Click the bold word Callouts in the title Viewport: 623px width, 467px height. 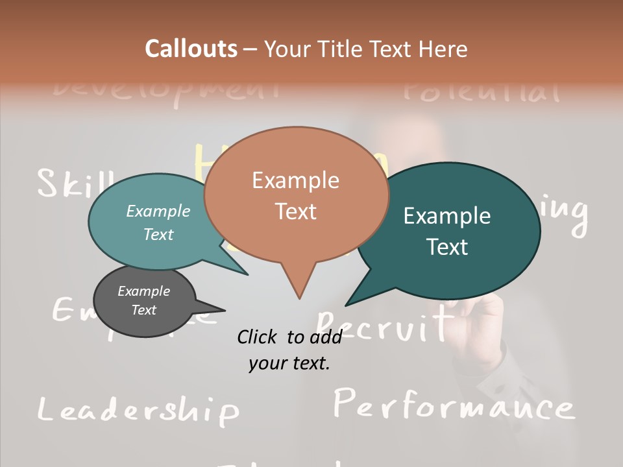pos(191,49)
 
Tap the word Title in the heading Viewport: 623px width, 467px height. pos(340,49)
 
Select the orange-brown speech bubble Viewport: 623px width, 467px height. pos(296,195)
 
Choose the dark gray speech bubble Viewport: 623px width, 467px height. pos(144,300)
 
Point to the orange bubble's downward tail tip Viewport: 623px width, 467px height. pos(299,298)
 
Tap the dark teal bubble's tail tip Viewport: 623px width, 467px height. pos(347,304)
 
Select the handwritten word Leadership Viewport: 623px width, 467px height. pos(138,410)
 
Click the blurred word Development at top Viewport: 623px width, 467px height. pos(165,90)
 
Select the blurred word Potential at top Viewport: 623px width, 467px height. pos(481,91)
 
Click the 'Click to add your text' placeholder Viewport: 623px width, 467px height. pos(289,350)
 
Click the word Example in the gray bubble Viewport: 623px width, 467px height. pos(144,291)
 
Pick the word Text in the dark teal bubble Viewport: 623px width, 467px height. pos(448,247)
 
